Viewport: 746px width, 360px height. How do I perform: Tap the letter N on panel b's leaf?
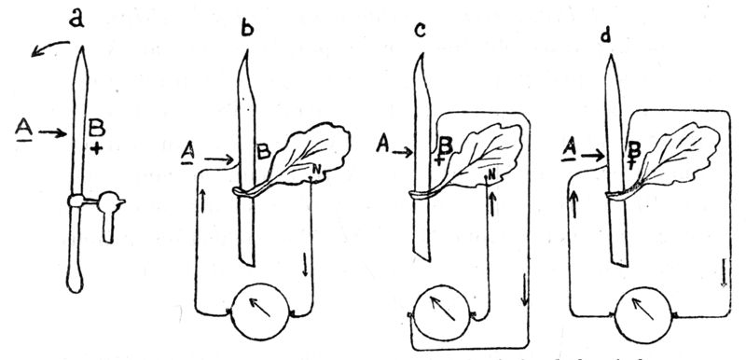[317, 168]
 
